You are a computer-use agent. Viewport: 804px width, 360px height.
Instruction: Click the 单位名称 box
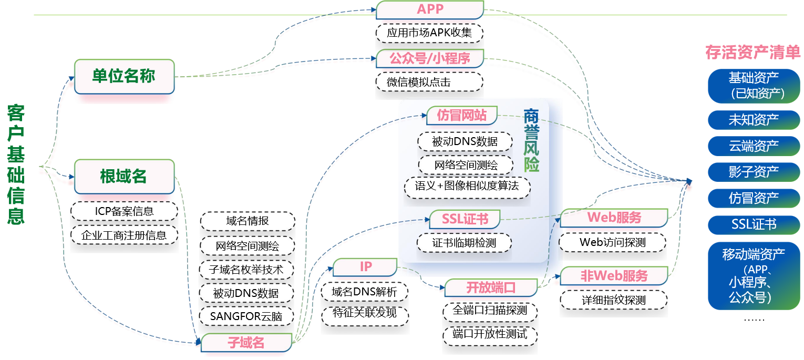point(124,77)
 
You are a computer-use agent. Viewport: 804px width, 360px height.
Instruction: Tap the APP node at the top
point(430,9)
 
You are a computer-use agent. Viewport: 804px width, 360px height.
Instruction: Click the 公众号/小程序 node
point(430,58)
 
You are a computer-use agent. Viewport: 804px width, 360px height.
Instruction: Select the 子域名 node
point(246,343)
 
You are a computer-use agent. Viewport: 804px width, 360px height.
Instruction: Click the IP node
point(366,267)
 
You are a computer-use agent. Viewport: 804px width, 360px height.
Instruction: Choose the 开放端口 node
point(491,288)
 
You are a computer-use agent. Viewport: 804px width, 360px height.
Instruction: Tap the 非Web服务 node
point(614,275)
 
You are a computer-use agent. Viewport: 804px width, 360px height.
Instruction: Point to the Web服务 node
point(614,217)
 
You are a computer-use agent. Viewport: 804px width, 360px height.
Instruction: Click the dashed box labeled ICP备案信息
point(125,211)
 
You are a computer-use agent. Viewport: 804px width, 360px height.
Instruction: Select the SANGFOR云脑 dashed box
point(246,316)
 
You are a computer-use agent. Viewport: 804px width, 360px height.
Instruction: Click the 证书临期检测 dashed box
point(464,243)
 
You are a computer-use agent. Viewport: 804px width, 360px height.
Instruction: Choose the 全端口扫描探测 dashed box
point(490,311)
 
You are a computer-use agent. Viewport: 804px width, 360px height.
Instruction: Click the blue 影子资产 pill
point(753,171)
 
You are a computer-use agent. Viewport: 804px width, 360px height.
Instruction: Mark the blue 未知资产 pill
point(753,120)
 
